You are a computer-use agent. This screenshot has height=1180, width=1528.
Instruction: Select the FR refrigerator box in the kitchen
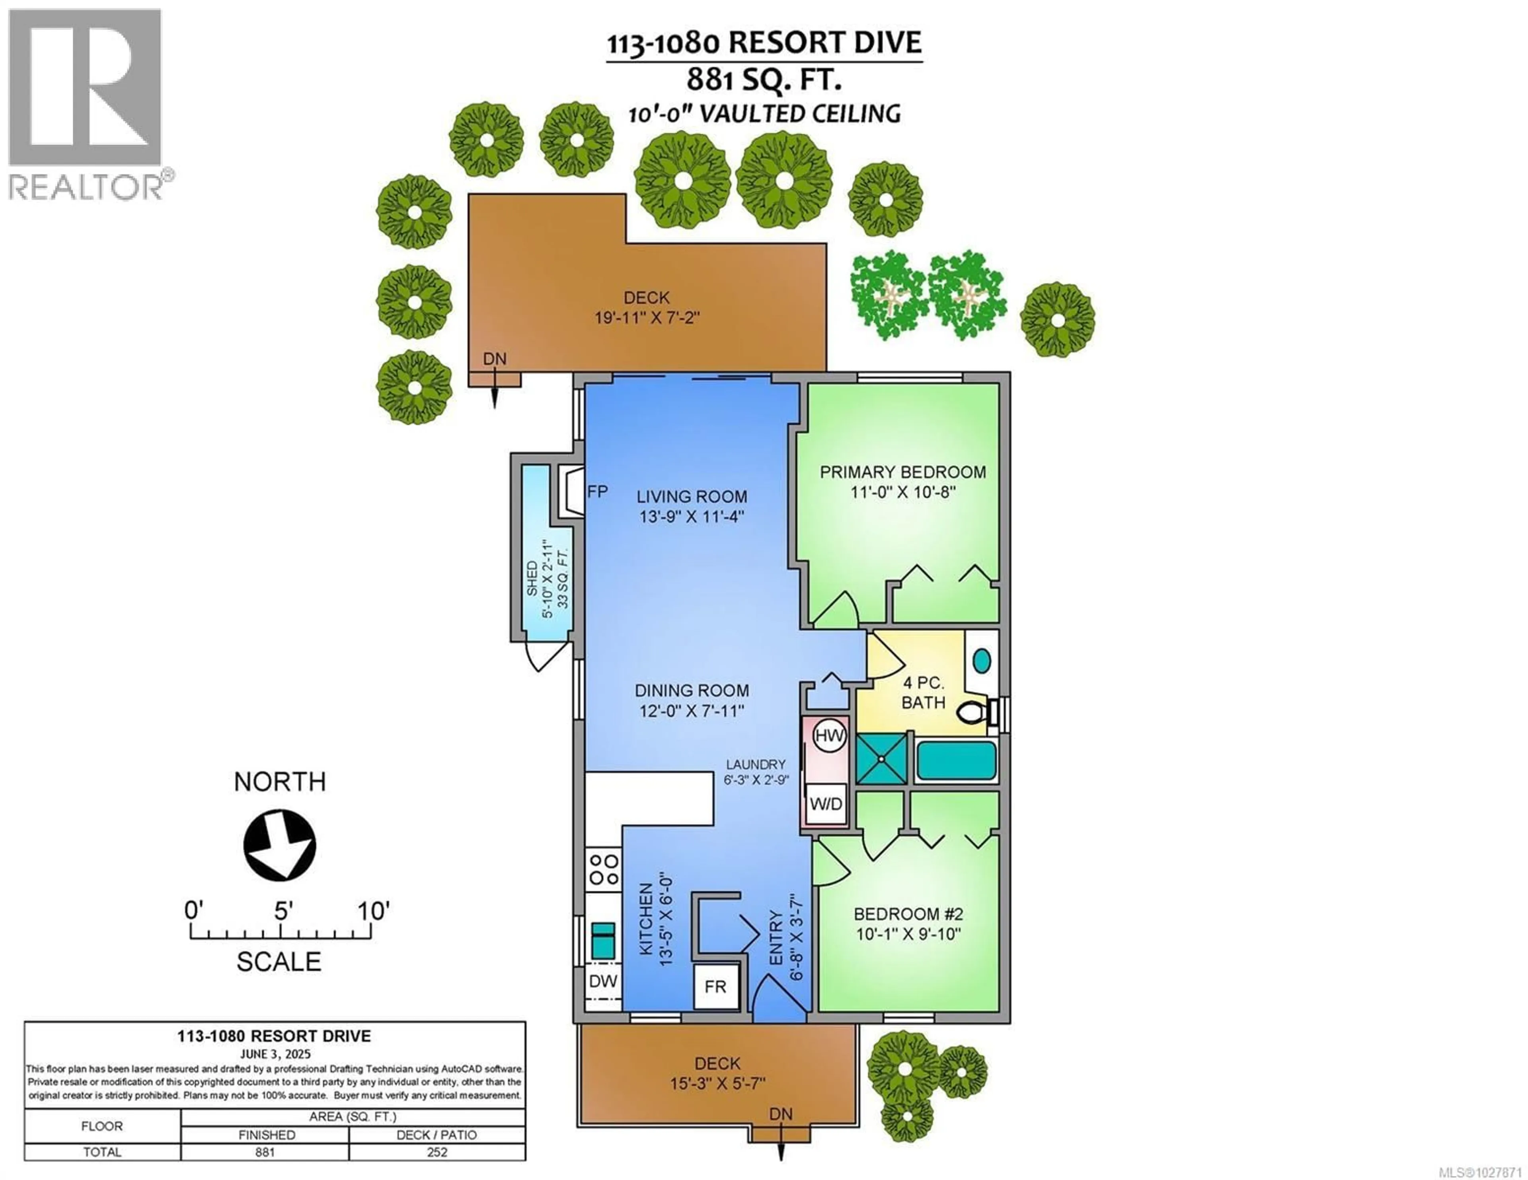point(715,986)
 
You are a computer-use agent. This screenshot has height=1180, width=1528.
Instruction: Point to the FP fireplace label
point(597,492)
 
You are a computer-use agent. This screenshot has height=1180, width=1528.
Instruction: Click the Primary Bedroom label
point(902,472)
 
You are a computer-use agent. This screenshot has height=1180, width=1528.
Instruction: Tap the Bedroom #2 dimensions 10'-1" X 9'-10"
point(908,934)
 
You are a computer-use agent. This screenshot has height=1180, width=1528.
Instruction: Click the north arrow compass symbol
point(280,845)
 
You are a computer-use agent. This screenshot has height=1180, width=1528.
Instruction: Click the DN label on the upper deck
point(495,359)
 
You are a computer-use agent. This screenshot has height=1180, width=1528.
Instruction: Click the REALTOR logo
point(86,105)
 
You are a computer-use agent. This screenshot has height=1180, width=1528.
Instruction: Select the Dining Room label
point(691,690)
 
